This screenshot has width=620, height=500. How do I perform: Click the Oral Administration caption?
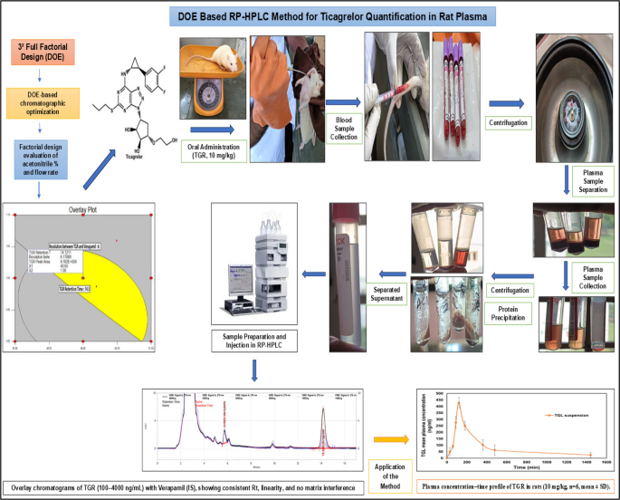pos(215,148)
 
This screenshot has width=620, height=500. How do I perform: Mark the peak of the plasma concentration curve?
pos(459,402)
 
